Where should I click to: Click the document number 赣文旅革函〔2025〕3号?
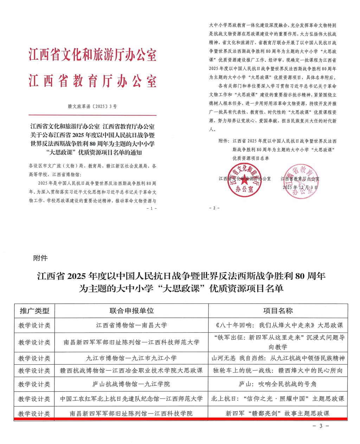click(x=92, y=105)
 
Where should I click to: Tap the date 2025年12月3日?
click(x=301, y=188)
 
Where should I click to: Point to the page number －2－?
click(x=214, y=208)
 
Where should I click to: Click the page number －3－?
click(x=321, y=426)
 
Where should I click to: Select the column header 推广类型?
click(x=34, y=311)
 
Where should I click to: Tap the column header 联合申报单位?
click(x=131, y=311)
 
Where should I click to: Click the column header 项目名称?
click(x=278, y=311)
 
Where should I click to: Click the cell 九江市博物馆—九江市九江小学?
click(x=131, y=359)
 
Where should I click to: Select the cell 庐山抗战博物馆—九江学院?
click(x=131, y=384)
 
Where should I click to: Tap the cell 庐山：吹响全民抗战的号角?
click(x=278, y=384)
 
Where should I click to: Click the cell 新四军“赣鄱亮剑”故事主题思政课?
click(x=278, y=413)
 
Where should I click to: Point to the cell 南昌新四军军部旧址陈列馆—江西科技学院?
click(x=131, y=413)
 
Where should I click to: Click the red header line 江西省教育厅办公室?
click(x=92, y=81)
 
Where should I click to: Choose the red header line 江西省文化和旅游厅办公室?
click(x=92, y=55)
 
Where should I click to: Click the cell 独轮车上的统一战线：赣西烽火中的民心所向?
click(x=278, y=371)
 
